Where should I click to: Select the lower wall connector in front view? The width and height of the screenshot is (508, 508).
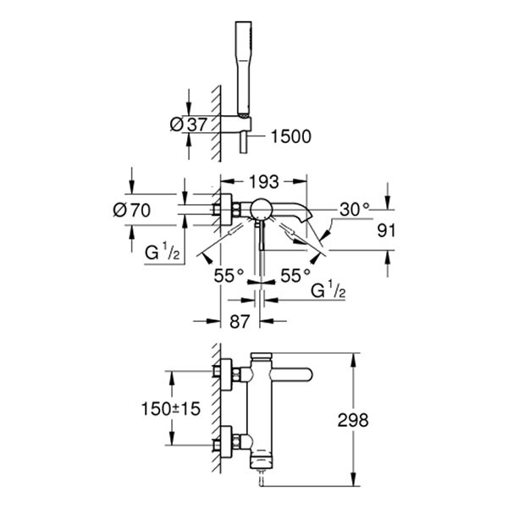click(229, 443)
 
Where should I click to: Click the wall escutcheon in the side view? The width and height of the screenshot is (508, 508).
click(228, 210)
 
